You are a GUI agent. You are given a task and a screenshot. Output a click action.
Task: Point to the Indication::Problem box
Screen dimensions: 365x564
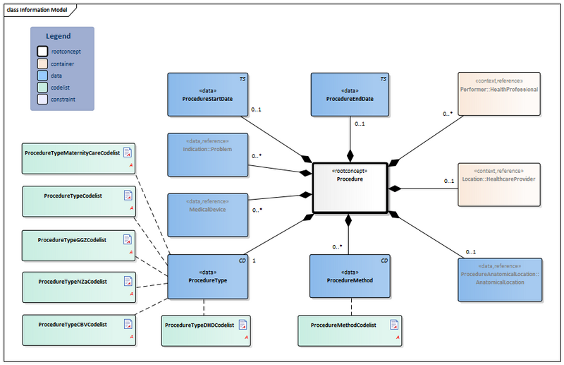click(208, 154)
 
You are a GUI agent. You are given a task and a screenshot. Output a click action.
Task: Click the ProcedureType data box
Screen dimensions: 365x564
click(208, 276)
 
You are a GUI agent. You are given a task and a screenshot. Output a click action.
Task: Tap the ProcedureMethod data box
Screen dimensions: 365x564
click(350, 276)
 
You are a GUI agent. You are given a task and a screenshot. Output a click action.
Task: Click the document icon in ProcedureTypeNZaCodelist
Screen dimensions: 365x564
click(128, 281)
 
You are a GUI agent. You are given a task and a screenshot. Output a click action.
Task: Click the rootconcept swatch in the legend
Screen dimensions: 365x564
click(42, 52)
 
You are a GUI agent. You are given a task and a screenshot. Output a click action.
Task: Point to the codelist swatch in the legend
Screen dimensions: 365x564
click(42, 88)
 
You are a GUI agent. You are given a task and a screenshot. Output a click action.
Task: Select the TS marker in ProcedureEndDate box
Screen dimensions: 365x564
click(384, 79)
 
